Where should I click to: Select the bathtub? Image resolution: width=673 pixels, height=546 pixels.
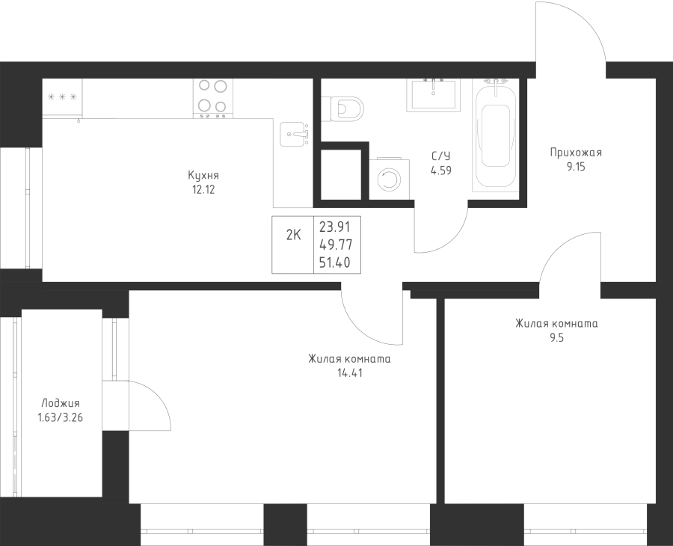[x=495, y=135]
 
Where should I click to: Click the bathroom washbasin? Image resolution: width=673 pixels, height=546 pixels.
[x=434, y=94]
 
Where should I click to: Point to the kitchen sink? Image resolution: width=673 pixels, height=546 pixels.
[x=295, y=135]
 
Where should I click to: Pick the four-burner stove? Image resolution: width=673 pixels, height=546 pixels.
[x=213, y=99]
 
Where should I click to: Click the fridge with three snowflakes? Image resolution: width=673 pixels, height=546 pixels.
[x=62, y=97]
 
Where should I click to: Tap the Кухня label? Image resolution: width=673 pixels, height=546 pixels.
[x=203, y=176]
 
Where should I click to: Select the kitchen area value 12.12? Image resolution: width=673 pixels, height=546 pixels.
[x=203, y=190]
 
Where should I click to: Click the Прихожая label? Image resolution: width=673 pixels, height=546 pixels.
[x=576, y=153]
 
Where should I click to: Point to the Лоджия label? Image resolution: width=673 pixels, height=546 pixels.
[x=61, y=403]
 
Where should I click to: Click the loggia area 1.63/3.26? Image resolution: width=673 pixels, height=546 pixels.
[x=61, y=417]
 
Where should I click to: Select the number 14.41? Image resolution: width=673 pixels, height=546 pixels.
[x=350, y=373]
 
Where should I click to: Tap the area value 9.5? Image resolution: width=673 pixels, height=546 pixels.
[x=556, y=338]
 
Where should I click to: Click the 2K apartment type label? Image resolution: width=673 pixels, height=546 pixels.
[x=294, y=235]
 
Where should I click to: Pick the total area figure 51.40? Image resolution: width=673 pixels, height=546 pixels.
[x=335, y=263]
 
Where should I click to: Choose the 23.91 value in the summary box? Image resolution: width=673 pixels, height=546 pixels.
[x=335, y=226]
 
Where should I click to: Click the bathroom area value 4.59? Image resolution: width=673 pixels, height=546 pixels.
[x=440, y=171]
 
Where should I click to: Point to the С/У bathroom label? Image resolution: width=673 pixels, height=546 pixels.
[x=440, y=156]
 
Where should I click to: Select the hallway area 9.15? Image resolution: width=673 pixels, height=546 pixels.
[x=576, y=167]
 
